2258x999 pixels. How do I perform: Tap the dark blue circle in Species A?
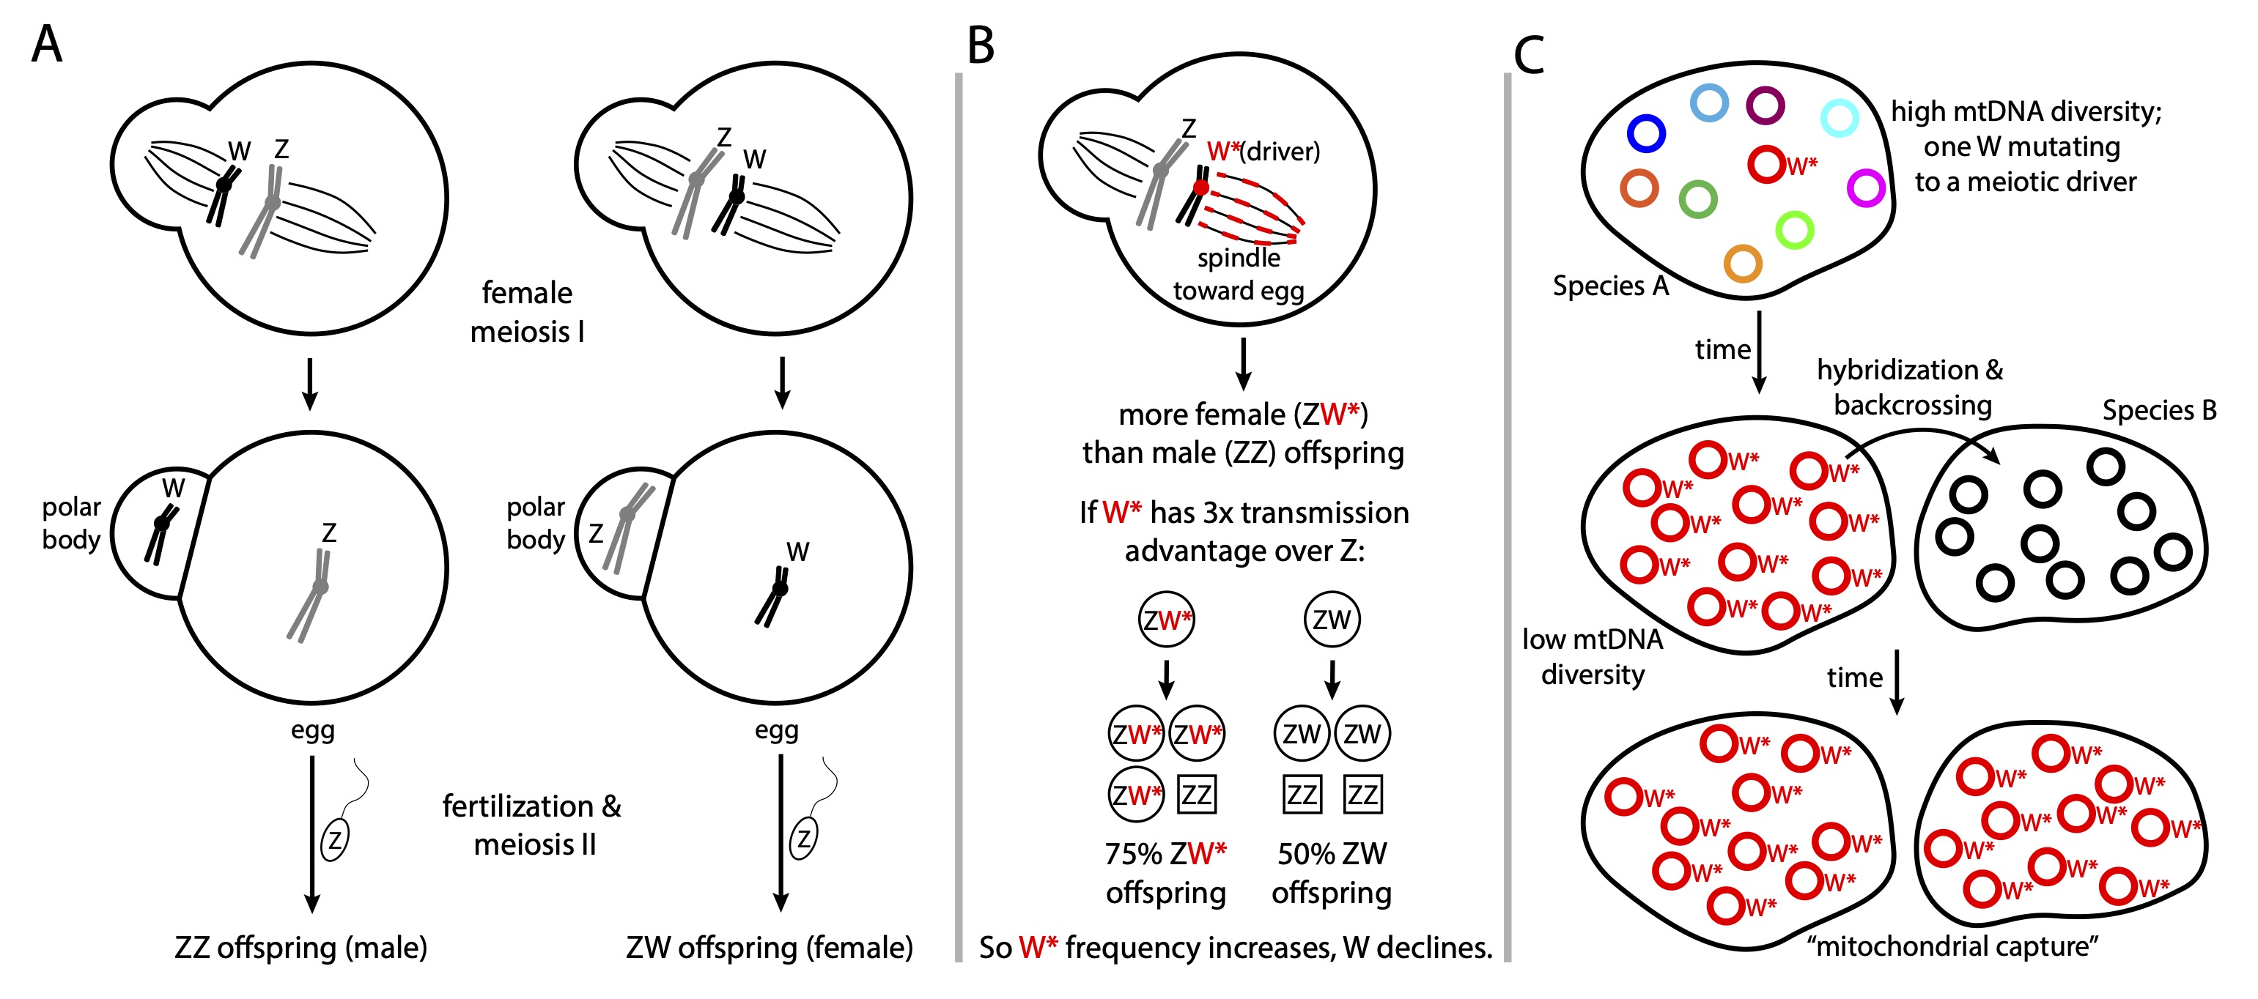(x=1645, y=133)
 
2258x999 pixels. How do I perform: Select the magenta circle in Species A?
(x=1865, y=187)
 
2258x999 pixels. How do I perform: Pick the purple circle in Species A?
(x=1765, y=105)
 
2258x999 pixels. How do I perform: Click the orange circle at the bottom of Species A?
(x=1743, y=263)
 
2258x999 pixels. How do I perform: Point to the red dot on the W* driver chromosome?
(x=1201, y=187)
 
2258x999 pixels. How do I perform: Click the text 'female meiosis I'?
(x=527, y=312)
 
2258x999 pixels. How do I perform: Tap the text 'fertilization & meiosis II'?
(x=532, y=825)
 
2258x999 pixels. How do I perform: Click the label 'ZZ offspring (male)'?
(x=300, y=947)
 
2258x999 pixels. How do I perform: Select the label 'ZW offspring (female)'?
(x=769, y=947)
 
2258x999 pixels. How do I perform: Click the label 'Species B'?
(x=2159, y=410)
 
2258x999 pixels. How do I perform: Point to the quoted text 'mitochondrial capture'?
(x=1952, y=946)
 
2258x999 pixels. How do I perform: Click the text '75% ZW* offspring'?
(x=1165, y=873)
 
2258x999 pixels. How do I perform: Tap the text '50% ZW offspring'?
(x=1332, y=873)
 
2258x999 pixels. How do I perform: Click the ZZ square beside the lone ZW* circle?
(x=1197, y=795)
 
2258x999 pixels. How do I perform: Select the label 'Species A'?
(x=1610, y=286)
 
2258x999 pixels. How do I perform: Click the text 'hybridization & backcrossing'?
(x=1911, y=387)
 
